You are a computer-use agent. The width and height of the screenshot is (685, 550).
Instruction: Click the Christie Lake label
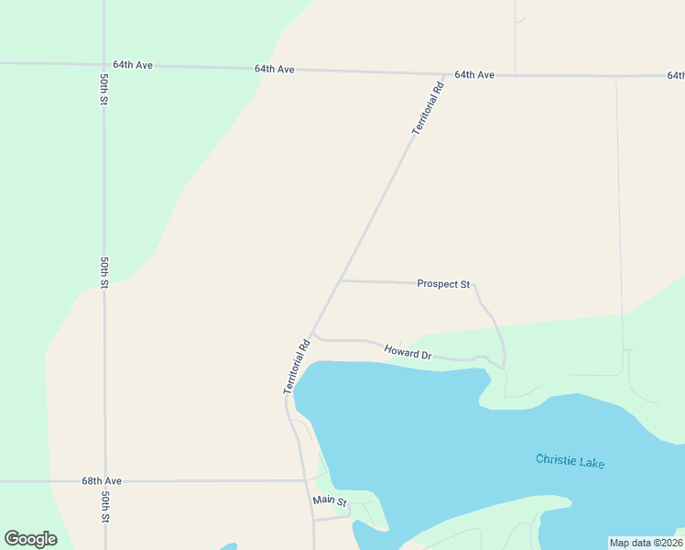(x=570, y=461)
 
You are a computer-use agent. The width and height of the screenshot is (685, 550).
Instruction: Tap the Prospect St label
(x=443, y=284)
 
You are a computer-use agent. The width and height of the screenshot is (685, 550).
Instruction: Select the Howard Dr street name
(x=408, y=351)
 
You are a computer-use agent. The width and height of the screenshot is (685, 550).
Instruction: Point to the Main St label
(x=330, y=501)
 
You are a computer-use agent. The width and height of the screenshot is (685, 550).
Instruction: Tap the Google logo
(x=31, y=539)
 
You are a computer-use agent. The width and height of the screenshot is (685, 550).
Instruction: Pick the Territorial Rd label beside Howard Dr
(x=298, y=368)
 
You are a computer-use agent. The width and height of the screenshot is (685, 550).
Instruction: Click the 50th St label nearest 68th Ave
(x=105, y=507)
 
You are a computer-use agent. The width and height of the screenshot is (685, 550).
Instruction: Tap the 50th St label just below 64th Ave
(x=104, y=86)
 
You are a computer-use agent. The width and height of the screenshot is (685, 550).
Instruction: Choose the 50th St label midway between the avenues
(x=104, y=272)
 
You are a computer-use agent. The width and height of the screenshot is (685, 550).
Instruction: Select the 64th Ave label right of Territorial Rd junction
(x=475, y=74)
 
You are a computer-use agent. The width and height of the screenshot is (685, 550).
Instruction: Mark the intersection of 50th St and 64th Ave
(x=103, y=65)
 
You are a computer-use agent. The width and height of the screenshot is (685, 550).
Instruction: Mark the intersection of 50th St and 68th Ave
(x=104, y=480)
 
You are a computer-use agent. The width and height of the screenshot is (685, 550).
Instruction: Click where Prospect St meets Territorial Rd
(x=341, y=280)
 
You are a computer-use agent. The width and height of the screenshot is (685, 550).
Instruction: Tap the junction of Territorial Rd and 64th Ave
(x=445, y=73)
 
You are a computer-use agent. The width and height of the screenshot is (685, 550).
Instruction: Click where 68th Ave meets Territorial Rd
(x=306, y=479)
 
